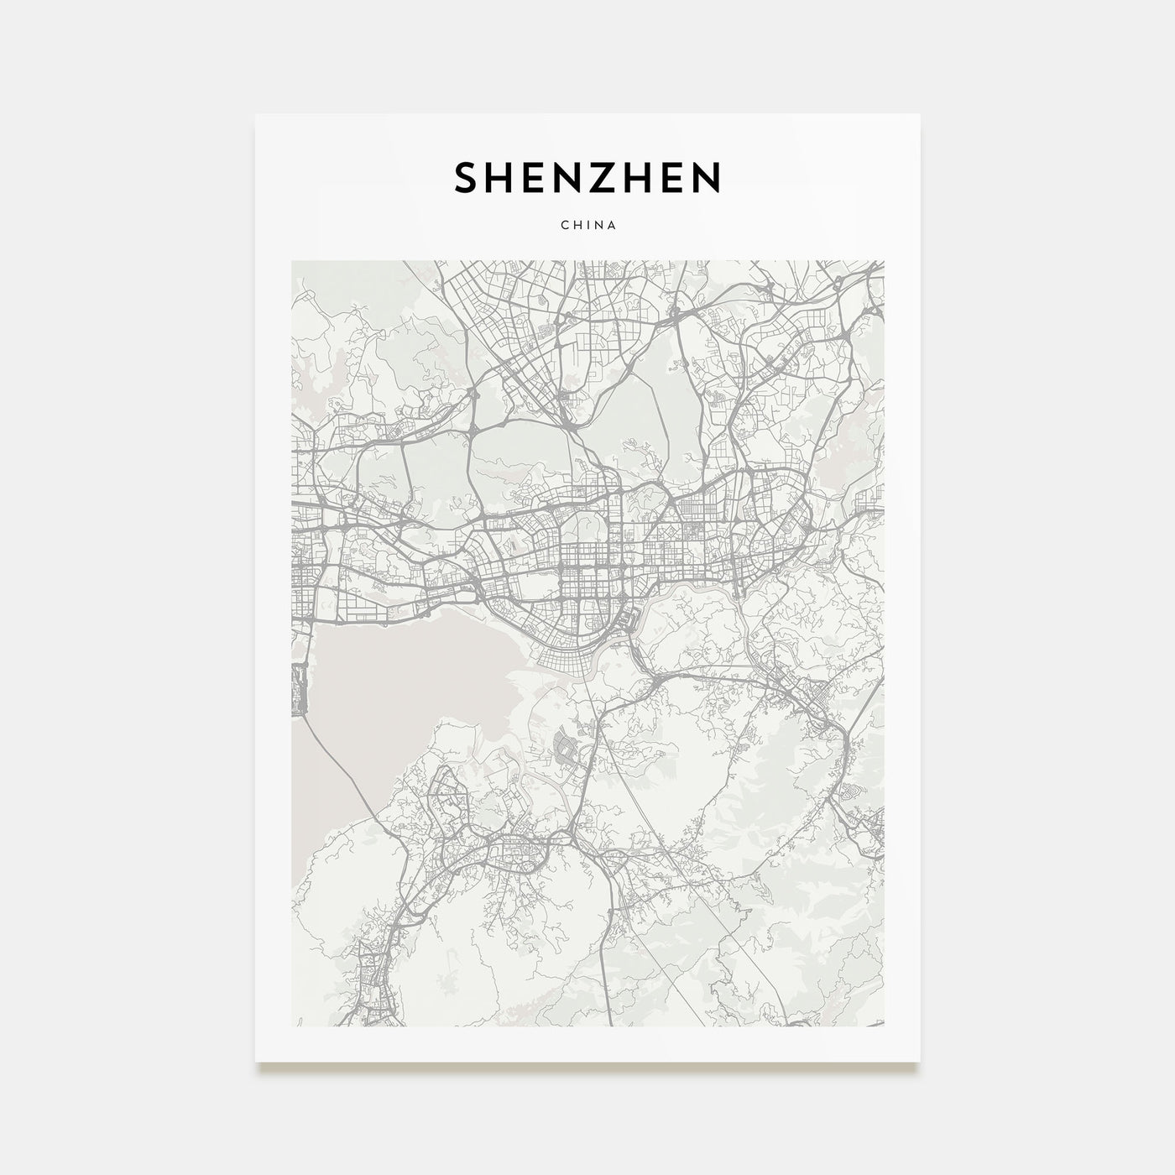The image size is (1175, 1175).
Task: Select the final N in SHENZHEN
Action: (x=707, y=177)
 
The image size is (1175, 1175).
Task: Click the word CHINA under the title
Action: (x=587, y=225)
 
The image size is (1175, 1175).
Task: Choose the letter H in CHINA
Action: (x=575, y=225)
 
